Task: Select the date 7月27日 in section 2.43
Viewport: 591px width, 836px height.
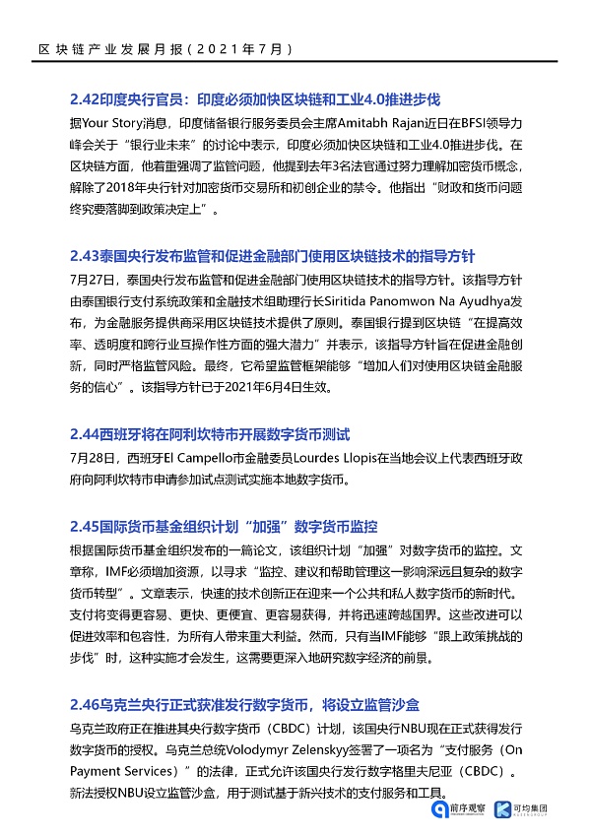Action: (x=92, y=276)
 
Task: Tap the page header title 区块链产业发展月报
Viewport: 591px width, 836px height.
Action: (x=107, y=47)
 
